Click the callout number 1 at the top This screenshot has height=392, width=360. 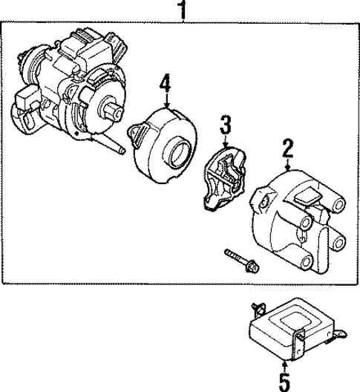180,10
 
